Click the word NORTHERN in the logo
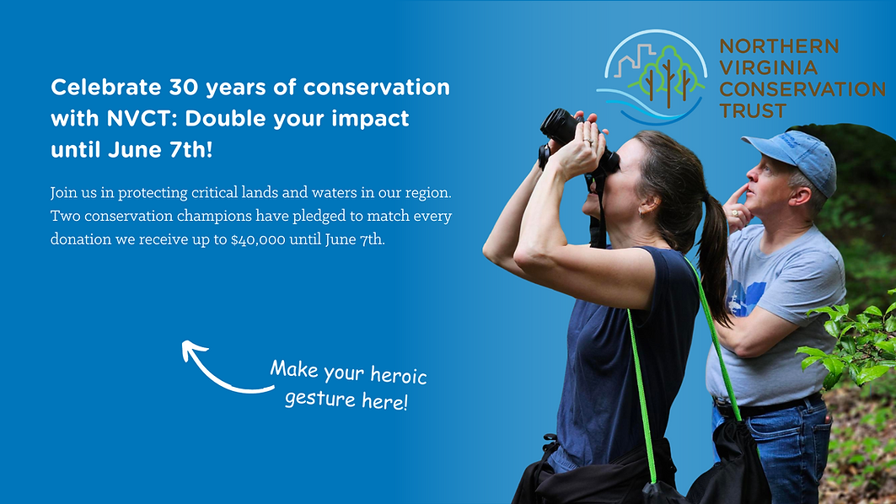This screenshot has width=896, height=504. pos(779,47)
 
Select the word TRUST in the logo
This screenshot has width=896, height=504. pos(753,110)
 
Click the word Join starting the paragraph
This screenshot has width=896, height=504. pos(64,193)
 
